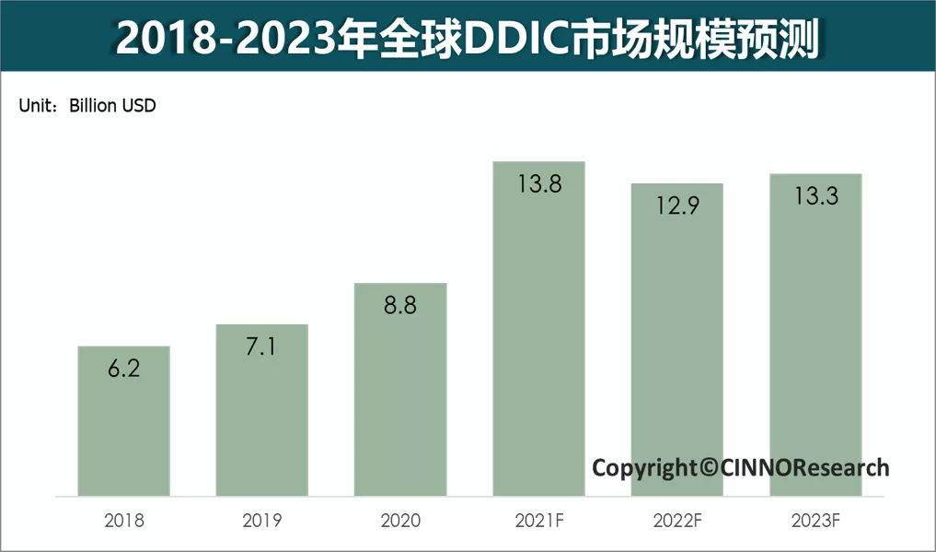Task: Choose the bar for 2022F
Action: (x=676, y=341)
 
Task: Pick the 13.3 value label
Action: (x=815, y=195)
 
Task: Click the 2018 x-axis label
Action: (x=124, y=522)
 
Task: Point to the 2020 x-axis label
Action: (x=400, y=522)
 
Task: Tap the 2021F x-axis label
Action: (x=539, y=522)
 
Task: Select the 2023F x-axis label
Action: (x=815, y=522)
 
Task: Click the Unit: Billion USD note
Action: (x=87, y=106)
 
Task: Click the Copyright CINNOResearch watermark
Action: (x=740, y=467)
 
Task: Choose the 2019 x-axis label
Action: (x=262, y=522)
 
